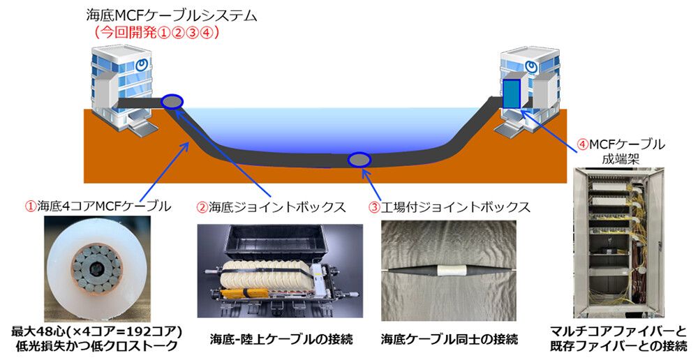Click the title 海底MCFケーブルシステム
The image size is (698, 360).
click(x=172, y=16)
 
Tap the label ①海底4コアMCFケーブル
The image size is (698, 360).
click(x=98, y=207)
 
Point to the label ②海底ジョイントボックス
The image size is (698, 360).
click(x=271, y=207)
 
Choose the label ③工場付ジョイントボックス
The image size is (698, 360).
click(x=450, y=207)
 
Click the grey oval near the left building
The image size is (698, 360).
click(x=172, y=102)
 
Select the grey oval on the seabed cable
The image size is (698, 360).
click(x=359, y=159)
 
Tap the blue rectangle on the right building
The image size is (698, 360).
click(x=512, y=93)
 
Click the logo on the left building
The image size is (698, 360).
click(x=142, y=65)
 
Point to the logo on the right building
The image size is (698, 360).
click(x=530, y=67)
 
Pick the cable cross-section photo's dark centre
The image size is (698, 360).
click(x=96, y=269)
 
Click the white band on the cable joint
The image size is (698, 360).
click(x=450, y=271)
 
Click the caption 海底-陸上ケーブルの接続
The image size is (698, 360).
click(x=281, y=340)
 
